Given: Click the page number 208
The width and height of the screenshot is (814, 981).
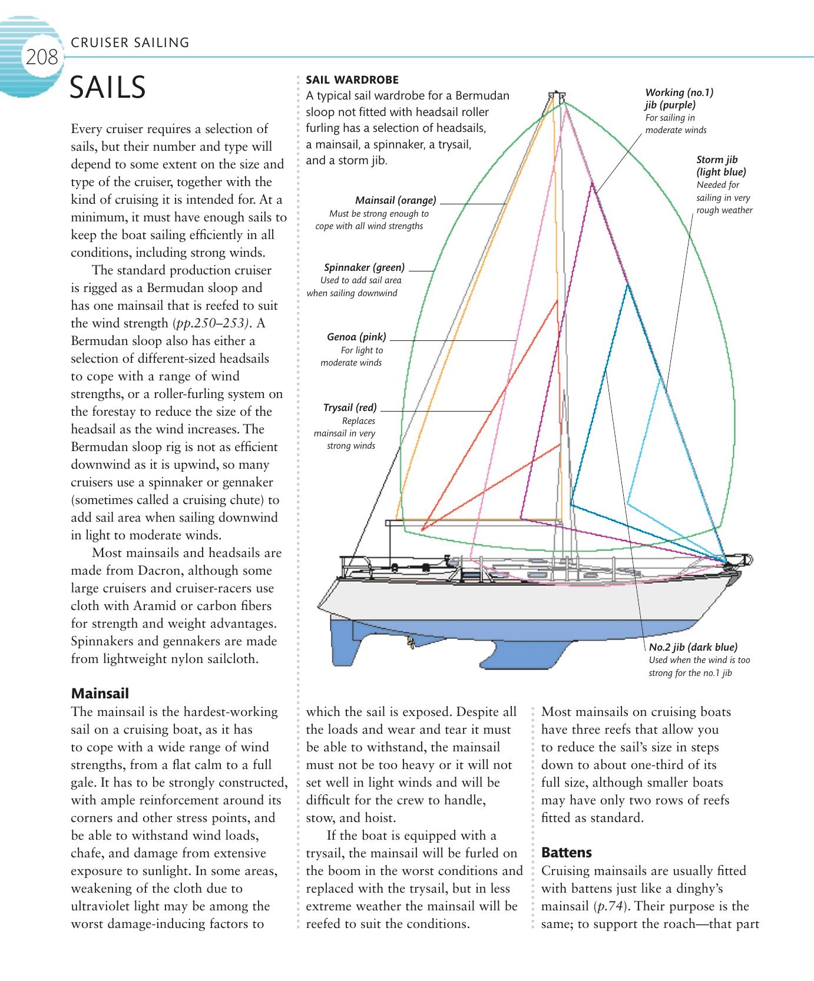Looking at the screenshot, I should (42, 58).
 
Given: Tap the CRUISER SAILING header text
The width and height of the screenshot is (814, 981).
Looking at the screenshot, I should (130, 42).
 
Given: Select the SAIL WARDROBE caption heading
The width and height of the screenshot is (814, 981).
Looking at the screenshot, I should (352, 79).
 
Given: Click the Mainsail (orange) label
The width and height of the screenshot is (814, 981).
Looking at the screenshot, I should (395, 200).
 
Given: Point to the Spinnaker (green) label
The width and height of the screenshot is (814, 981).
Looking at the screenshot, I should (364, 267).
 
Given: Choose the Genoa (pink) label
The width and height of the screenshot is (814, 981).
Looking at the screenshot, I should (356, 337).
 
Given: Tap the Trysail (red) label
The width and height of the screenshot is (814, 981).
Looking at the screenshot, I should (350, 407).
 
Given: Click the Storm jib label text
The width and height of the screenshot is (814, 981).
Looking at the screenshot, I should (720, 165).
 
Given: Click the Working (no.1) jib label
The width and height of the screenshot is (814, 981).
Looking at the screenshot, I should (679, 99).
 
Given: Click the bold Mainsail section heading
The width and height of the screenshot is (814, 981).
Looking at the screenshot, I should (100, 693).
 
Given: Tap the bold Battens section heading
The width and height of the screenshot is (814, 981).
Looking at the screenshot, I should (566, 852).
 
